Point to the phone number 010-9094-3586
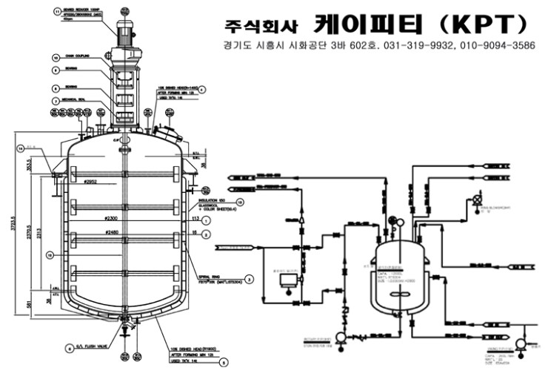coord(496,45)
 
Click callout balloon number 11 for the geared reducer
coord(57,12)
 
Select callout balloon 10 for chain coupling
coord(56,56)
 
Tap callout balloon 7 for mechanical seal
coord(56,101)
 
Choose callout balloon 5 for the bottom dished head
coord(224,363)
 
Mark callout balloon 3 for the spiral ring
coord(250,280)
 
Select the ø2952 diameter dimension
coord(91,182)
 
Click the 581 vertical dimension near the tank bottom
coord(30,303)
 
